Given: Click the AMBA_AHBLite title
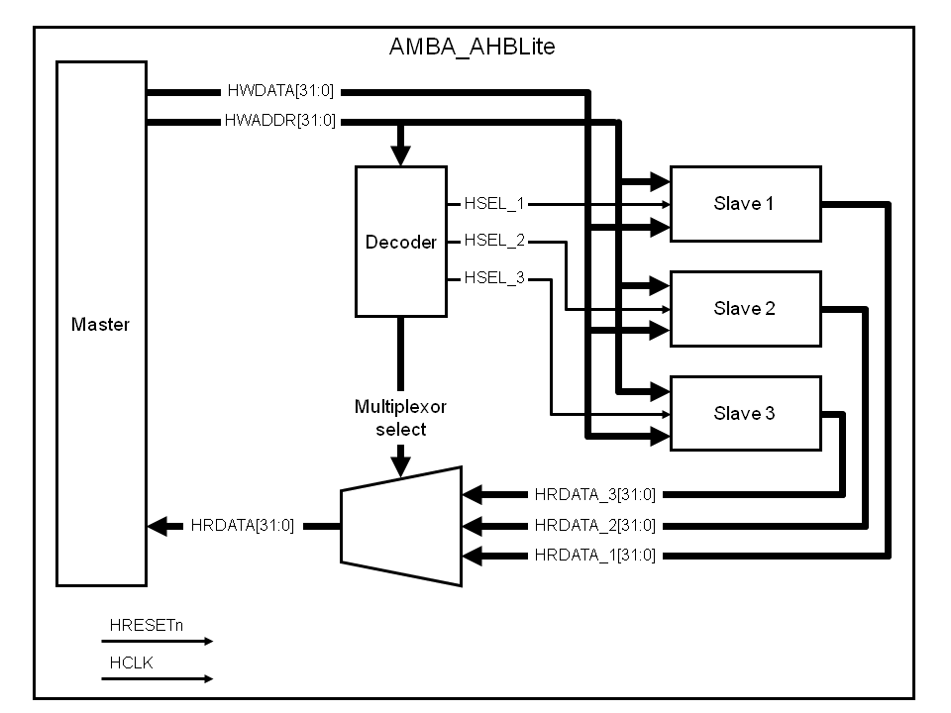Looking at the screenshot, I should [475, 47].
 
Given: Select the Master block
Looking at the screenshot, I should [101, 324].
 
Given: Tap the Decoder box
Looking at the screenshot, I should [400, 242].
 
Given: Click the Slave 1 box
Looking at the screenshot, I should [745, 204].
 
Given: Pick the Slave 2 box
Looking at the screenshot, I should [745, 308].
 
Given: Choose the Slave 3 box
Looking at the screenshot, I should [745, 413].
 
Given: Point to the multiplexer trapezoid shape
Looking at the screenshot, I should [401, 526].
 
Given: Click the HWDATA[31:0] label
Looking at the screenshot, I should [280, 92].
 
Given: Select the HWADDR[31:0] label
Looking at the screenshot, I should [280, 122].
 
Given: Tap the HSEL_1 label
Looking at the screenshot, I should [494, 205].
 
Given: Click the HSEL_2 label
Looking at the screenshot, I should [494, 241].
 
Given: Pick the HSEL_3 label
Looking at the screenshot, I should [494, 278].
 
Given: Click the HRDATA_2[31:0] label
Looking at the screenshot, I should [594, 525].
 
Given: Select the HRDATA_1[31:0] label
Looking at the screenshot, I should [594, 556].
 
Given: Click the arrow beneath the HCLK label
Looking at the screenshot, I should [157, 678].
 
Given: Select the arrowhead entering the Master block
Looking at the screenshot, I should [156, 526].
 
